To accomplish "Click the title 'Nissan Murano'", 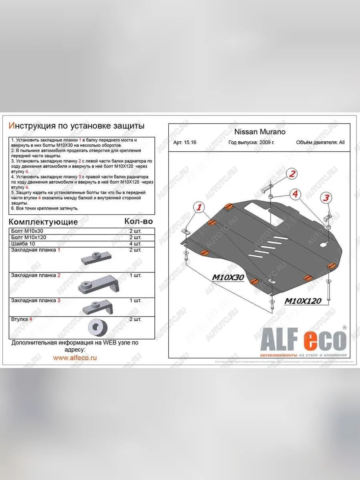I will coord(260,132).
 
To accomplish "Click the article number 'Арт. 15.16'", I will coord(185,142).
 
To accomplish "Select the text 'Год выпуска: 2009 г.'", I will coord(252,142).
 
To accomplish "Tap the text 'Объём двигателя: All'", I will coord(320,142).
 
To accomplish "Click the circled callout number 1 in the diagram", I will coord(199,207).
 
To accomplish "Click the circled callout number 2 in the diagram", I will coord(292,174).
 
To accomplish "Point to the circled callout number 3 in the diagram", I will coord(326,198).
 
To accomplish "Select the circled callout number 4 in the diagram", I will coord(295,194).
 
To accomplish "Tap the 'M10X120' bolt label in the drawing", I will coord(303,301).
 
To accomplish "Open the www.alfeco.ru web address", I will coord(75,358).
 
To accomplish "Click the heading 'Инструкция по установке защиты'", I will coord(76,126).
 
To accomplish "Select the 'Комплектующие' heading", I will coord(43,222).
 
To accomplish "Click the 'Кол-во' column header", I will coord(138,221).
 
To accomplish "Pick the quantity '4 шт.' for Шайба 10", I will coord(135,244).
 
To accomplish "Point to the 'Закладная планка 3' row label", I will coord(36,300).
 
